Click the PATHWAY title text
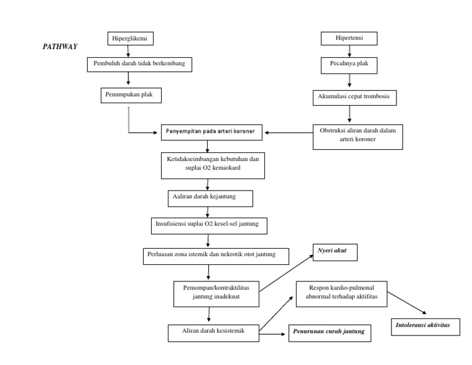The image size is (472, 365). (60, 46)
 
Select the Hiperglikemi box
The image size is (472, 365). (128, 39)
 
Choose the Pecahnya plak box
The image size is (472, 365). (350, 64)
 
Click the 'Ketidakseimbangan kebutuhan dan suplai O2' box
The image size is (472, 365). (209, 163)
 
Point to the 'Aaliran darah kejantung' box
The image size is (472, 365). (209, 198)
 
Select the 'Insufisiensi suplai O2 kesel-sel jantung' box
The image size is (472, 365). (209, 225)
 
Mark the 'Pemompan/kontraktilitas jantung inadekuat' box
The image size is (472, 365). (216, 291)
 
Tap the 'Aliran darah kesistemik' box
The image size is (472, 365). (213, 332)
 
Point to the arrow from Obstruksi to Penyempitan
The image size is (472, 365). (287, 131)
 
